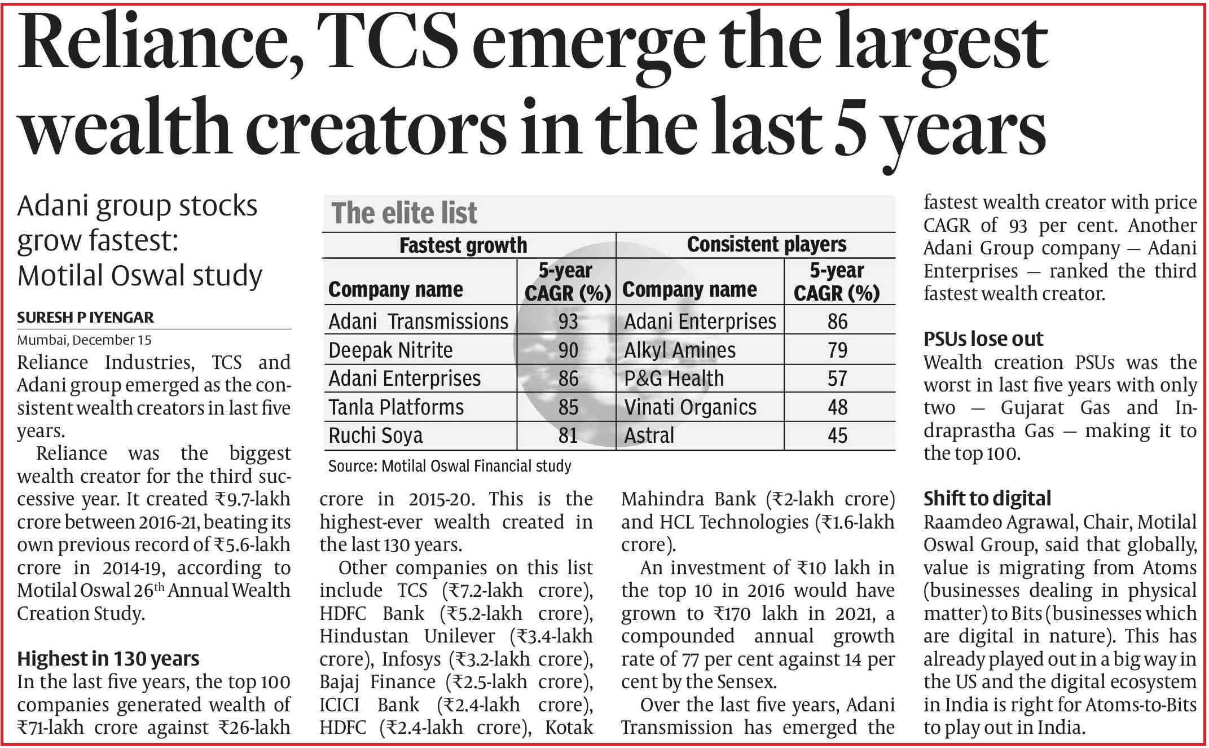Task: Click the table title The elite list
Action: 404,213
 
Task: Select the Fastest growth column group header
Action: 463,245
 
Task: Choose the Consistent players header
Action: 766,244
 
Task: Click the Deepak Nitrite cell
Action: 390,350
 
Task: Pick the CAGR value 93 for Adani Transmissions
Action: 568,322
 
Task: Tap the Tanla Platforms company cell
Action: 396,407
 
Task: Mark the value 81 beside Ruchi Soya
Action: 568,435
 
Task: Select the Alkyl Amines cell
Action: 679,350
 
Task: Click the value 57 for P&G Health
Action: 837,379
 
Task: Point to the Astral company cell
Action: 649,435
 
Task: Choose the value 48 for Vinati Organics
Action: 837,407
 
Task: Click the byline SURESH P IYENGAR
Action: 85,318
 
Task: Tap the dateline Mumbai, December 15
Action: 84,340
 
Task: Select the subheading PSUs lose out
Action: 983,339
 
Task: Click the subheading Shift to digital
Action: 987,499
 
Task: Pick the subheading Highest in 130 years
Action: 108,659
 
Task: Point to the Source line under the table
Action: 450,466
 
